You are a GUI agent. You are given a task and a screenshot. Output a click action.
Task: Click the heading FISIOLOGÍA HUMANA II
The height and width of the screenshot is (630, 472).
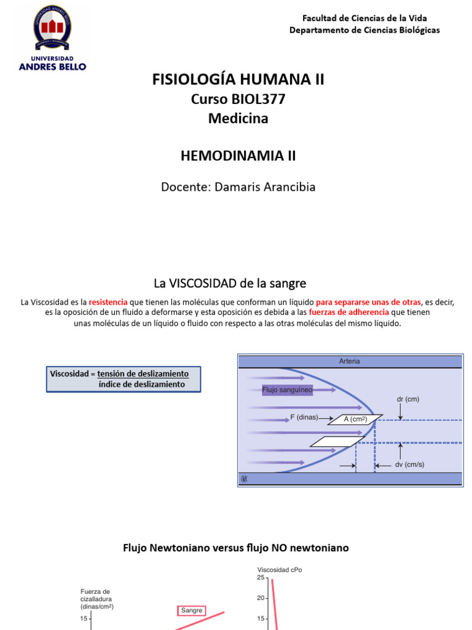[238, 79]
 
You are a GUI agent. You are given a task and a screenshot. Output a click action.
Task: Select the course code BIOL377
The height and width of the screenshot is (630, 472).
[258, 99]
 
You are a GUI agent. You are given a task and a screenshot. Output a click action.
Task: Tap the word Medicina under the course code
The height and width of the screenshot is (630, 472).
[238, 119]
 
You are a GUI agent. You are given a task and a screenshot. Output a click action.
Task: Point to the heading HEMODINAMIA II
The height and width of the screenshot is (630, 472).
[238, 156]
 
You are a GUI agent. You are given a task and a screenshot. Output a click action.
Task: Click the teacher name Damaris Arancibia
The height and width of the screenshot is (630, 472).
[264, 186]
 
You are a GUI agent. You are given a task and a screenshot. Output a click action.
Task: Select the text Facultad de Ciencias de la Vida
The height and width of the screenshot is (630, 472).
[364, 18]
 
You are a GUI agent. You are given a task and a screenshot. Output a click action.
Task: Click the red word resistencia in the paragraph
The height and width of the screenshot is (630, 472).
[108, 302]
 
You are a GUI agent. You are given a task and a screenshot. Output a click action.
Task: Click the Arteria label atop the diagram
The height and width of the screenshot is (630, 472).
[350, 362]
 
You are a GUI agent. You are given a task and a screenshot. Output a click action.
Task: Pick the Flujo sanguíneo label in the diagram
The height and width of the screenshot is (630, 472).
[287, 389]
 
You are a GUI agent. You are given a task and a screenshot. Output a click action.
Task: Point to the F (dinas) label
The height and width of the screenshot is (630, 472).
[304, 417]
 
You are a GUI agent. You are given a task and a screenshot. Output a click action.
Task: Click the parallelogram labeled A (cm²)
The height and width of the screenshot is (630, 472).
[351, 420]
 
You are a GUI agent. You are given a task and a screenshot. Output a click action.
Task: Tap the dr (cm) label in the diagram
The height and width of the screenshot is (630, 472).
[407, 399]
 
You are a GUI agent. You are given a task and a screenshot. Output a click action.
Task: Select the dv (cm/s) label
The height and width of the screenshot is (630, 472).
[409, 465]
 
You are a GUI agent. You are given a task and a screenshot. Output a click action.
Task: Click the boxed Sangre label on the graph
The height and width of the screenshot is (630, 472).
[192, 610]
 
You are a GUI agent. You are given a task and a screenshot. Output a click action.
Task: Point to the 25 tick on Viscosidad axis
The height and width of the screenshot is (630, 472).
[261, 578]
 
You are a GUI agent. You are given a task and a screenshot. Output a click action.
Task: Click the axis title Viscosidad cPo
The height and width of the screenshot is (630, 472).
[280, 570]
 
